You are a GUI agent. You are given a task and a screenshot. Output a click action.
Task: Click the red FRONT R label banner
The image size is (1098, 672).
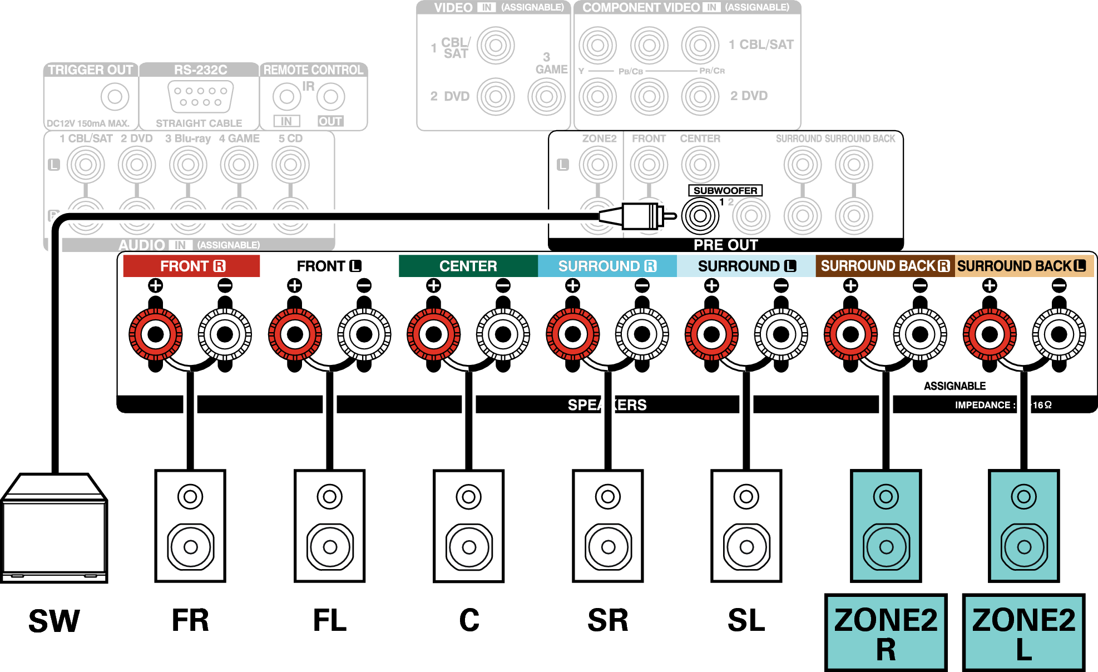(191, 266)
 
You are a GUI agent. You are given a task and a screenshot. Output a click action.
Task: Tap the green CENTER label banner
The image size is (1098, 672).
(468, 266)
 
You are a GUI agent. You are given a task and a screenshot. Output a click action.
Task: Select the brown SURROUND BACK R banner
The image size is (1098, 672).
(885, 266)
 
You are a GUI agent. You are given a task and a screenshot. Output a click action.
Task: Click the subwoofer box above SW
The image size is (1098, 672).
(54, 528)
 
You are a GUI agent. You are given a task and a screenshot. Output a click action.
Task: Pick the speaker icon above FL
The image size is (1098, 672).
(330, 526)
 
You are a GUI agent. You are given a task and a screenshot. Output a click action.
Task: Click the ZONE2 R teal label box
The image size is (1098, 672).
(886, 633)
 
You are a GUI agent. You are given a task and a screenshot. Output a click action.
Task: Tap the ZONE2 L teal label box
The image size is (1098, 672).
(1023, 633)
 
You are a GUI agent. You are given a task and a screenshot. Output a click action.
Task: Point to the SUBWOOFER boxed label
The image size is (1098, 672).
(725, 190)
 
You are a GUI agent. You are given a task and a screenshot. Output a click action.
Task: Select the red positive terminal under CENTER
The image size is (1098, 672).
(434, 334)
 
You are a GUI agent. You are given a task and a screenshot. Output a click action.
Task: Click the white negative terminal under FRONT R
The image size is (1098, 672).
(225, 334)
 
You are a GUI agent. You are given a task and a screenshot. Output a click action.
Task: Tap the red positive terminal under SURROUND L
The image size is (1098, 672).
(711, 334)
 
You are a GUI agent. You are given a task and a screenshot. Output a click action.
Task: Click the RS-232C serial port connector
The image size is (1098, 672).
(201, 96)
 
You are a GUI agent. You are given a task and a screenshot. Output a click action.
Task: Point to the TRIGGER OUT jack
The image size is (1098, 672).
(115, 96)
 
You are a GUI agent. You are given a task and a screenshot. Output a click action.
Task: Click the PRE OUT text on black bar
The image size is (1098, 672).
(725, 245)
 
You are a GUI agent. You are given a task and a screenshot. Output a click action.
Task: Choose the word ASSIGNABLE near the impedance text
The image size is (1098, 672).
(954, 386)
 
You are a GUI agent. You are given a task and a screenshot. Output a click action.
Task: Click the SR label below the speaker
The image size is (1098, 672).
(607, 620)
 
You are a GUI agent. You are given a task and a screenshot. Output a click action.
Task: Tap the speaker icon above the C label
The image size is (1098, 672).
(469, 526)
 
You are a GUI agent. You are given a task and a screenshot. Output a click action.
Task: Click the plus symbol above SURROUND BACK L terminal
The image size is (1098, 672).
(989, 285)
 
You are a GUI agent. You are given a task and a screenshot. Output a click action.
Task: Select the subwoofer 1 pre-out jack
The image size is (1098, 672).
(700, 215)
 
